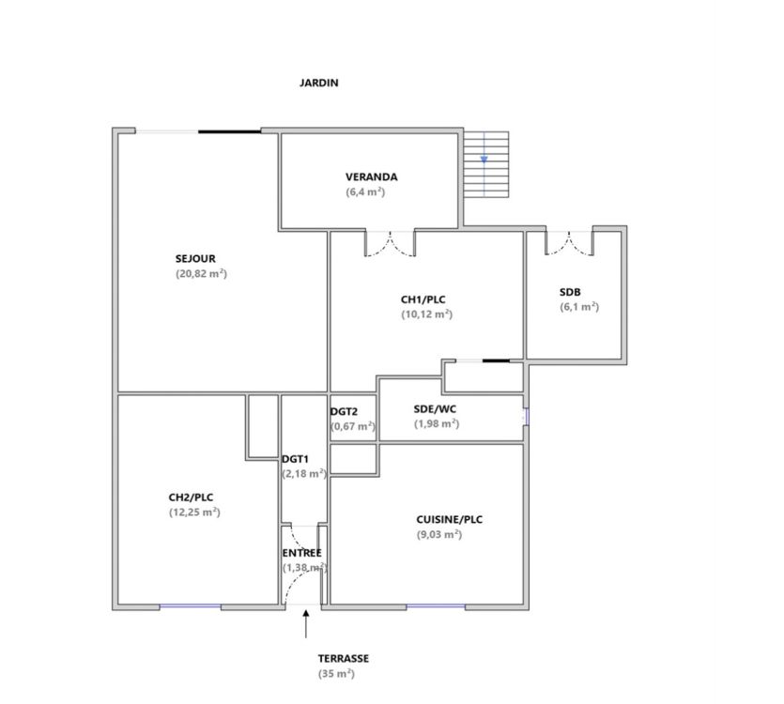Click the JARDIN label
(x=319, y=83)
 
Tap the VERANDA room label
(x=372, y=177)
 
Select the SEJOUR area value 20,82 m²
(x=202, y=273)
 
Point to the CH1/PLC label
(x=423, y=299)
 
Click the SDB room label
(x=570, y=292)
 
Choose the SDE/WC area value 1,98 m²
(x=437, y=423)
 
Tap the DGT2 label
(x=344, y=412)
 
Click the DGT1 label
(x=296, y=459)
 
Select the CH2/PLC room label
(x=191, y=497)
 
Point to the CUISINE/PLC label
(x=450, y=519)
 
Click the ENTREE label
(x=302, y=553)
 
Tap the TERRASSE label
(x=344, y=659)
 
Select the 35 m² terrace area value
(x=336, y=674)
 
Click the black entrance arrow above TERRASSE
(x=306, y=624)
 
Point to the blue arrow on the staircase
(x=484, y=160)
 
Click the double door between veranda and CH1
(x=390, y=243)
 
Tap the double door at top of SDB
(x=570, y=243)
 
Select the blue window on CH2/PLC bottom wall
(x=190, y=606)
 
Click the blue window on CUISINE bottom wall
(x=436, y=606)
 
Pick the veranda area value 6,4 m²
(x=365, y=192)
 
